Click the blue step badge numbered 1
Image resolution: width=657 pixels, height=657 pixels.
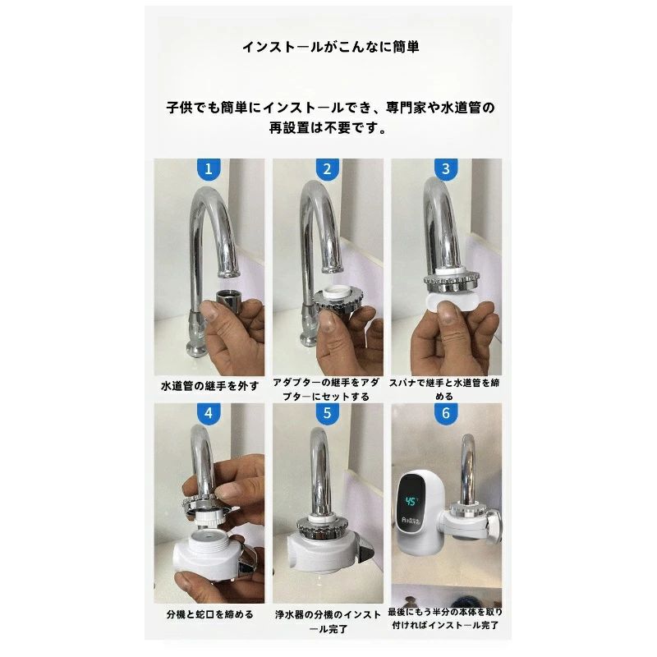[209, 169]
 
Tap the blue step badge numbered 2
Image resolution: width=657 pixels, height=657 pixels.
[327, 169]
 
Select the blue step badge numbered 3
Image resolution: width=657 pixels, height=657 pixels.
[446, 169]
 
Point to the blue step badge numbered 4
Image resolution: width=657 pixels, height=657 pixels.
[209, 414]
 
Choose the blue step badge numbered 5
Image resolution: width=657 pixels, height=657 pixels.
[327, 414]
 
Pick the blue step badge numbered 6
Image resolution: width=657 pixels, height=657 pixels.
[446, 414]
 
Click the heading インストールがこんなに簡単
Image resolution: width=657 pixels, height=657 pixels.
[331, 47]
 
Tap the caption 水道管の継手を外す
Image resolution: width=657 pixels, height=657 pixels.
[209, 386]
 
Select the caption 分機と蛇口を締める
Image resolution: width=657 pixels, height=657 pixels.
[210, 614]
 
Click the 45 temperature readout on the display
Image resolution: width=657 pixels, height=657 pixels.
[412, 501]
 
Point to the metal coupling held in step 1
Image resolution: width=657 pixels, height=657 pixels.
[229, 301]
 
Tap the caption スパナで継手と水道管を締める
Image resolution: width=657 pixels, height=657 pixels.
[444, 389]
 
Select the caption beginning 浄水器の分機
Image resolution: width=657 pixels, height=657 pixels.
[328, 622]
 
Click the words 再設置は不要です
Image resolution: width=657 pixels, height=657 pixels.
[328, 128]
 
